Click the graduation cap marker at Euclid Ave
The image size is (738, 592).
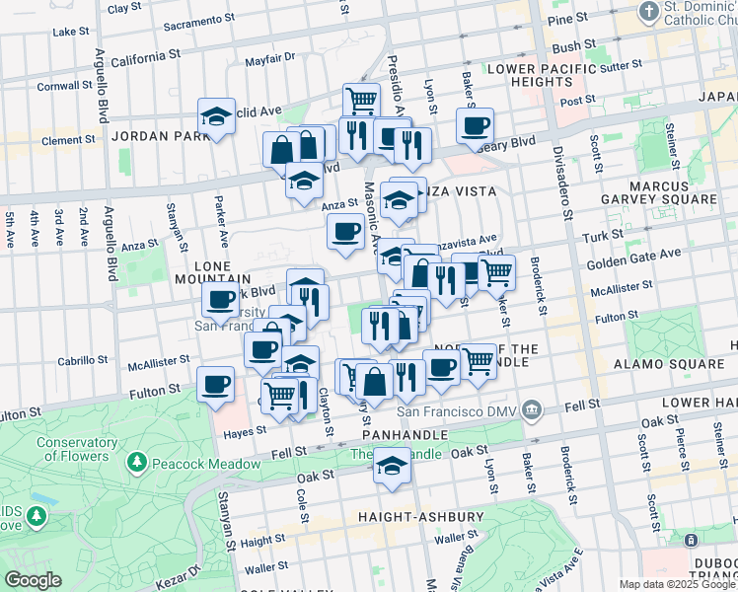click(x=216, y=116)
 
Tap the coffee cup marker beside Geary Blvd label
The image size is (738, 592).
click(x=475, y=126)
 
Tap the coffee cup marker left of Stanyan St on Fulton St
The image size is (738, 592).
click(x=215, y=385)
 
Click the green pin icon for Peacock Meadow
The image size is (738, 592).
click(x=136, y=463)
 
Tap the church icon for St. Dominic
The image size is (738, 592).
click(x=648, y=11)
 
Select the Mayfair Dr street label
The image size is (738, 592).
click(x=271, y=58)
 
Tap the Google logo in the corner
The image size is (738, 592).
click(x=33, y=579)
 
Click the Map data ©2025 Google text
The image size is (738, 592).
click(x=676, y=584)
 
